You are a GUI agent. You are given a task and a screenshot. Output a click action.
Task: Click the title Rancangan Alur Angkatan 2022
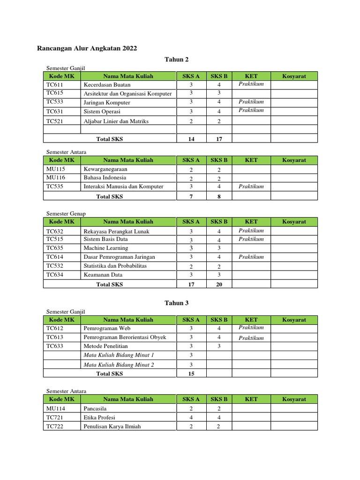(87, 48)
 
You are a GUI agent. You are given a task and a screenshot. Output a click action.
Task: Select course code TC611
(55, 85)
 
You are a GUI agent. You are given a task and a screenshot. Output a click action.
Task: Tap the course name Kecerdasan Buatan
(107, 85)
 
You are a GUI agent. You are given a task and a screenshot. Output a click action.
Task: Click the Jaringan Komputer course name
(107, 102)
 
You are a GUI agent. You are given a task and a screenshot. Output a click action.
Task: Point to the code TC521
(55, 121)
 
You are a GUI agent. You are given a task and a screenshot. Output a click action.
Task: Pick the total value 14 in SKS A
(191, 139)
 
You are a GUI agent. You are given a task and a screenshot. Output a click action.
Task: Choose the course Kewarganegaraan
(105, 169)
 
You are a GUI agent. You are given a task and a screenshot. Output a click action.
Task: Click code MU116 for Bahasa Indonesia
(56, 178)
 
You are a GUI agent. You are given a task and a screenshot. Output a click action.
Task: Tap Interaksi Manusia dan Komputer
(123, 187)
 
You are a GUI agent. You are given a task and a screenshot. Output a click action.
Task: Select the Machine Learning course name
(105, 248)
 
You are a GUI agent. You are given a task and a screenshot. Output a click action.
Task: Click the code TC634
(55, 275)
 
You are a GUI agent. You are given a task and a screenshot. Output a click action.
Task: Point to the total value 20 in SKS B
(219, 285)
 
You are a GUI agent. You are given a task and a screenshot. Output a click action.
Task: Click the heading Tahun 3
(176, 303)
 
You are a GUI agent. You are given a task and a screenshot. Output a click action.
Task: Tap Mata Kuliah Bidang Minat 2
(119, 365)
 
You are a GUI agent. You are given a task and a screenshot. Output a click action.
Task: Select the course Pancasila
(95, 409)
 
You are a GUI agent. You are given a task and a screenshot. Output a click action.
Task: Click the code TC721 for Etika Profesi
(55, 418)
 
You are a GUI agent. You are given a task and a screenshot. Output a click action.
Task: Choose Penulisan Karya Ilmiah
(112, 427)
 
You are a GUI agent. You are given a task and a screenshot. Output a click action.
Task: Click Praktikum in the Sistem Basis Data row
(251, 239)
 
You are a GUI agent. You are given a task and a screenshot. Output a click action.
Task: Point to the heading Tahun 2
(176, 59)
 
